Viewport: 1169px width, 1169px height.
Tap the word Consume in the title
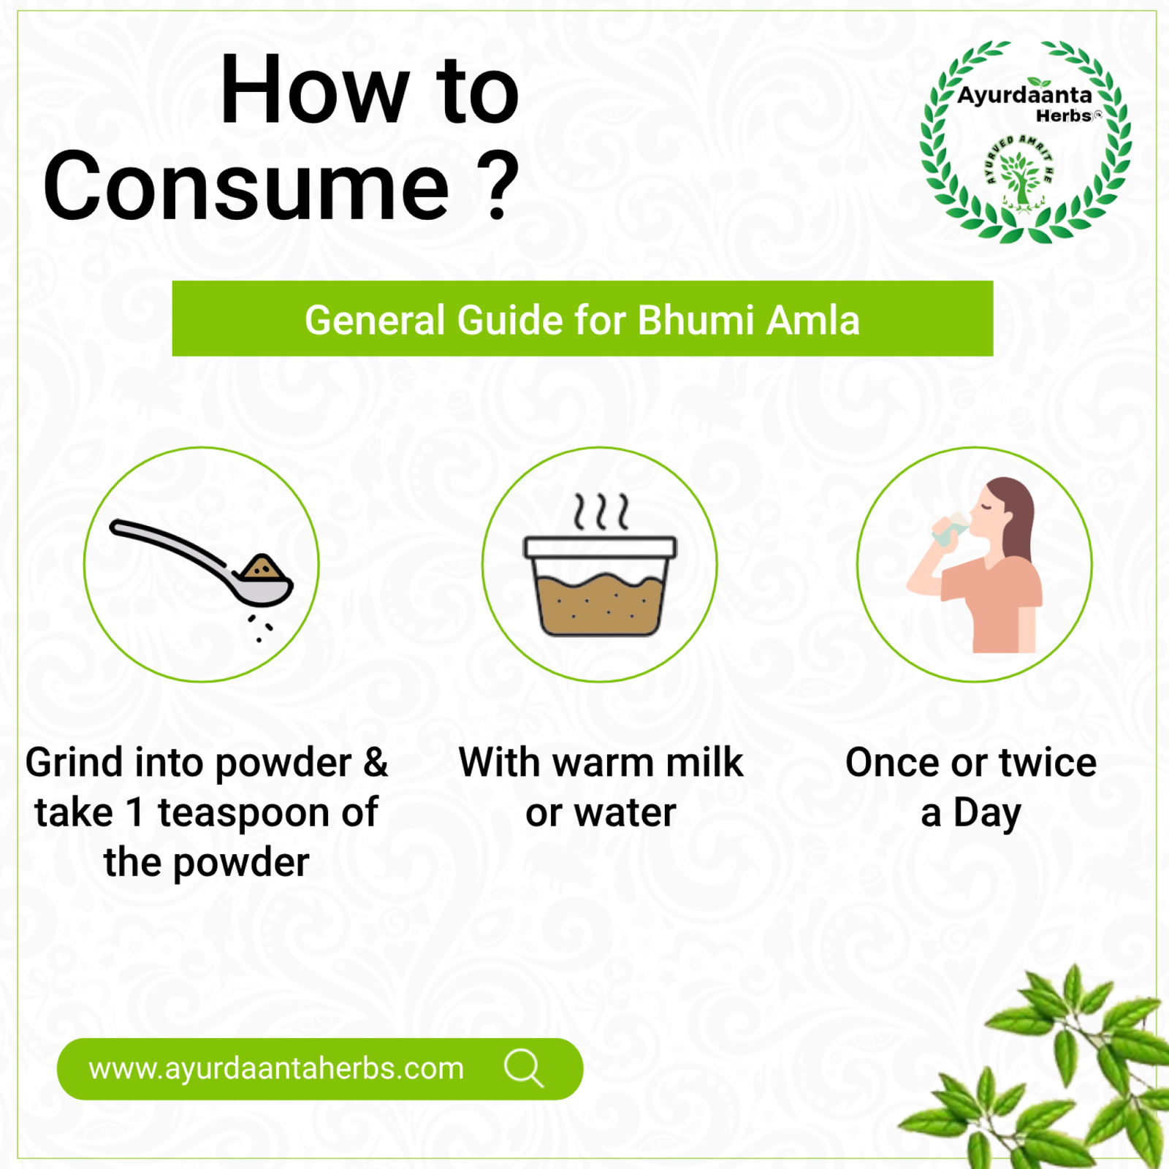coord(246,187)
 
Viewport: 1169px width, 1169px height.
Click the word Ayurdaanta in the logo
coord(1024,96)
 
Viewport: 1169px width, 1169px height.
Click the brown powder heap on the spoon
coord(262,568)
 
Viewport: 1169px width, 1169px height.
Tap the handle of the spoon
coord(172,547)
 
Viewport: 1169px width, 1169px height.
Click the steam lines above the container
coord(601,511)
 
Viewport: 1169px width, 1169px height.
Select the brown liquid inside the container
coord(601,603)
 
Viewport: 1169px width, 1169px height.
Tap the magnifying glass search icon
coord(524,1069)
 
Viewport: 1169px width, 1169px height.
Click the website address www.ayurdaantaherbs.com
coord(276,1069)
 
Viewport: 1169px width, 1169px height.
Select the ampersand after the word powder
coord(376,763)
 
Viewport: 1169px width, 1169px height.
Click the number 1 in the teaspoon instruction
coord(134,812)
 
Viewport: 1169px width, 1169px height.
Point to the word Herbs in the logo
coord(1064,115)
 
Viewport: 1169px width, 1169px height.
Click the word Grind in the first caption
coord(75,763)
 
